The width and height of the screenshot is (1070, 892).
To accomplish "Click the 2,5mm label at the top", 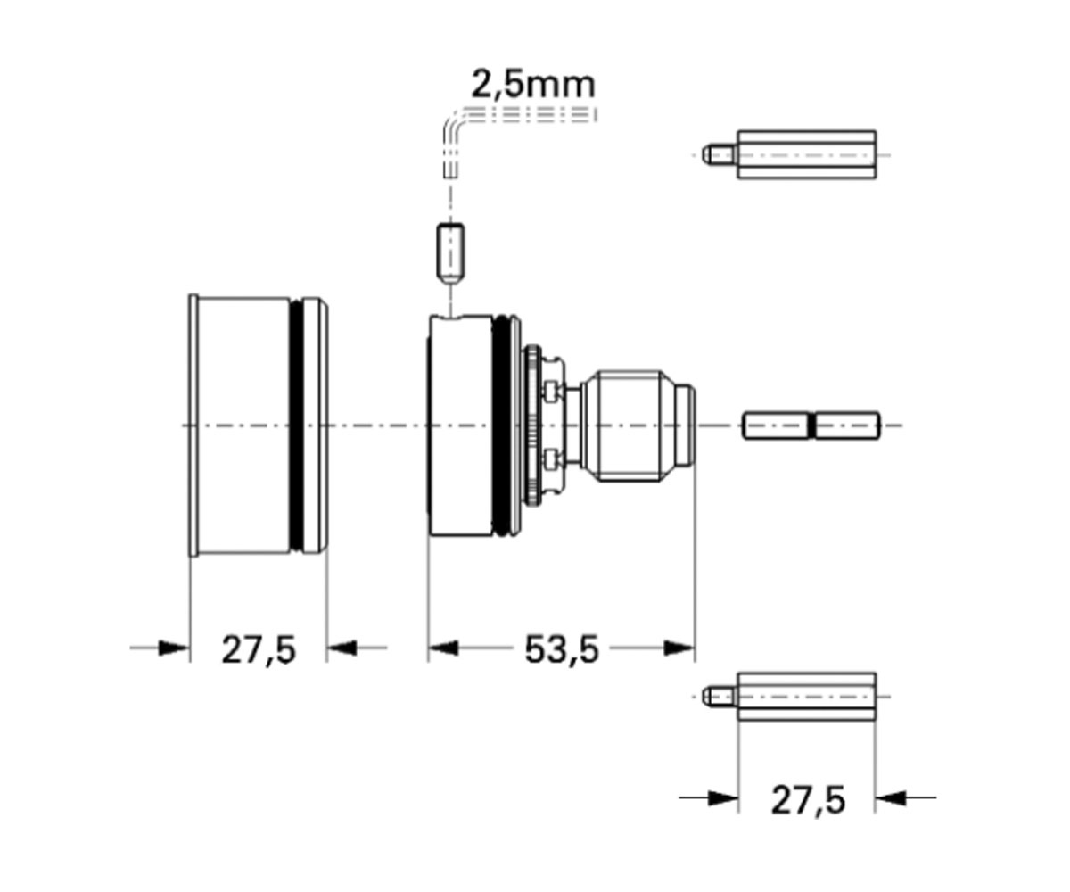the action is (533, 85).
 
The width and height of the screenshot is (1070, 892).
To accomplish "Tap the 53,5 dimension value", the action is (562, 650).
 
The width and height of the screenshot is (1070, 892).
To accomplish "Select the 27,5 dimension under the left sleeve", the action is (259, 650).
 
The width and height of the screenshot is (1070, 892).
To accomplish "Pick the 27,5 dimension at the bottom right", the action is (808, 800).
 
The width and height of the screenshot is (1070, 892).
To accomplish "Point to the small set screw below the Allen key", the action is (450, 253).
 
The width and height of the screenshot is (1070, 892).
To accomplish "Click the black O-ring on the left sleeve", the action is (296, 425).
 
